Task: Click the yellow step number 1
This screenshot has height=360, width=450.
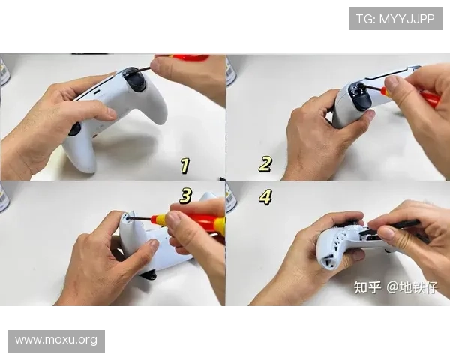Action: (184, 166)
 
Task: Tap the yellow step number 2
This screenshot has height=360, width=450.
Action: (265, 164)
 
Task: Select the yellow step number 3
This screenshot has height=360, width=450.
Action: (185, 196)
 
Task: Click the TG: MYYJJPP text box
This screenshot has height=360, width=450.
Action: (395, 19)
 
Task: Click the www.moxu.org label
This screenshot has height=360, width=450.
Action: (56, 340)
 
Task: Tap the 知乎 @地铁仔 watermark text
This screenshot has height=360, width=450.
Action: (394, 287)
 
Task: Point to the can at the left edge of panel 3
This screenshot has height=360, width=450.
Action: (4, 196)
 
